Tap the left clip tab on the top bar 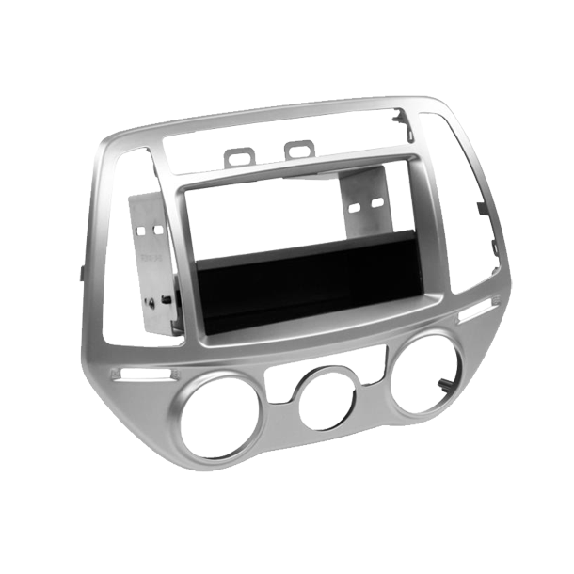pos(238,152)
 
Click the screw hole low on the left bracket pos(167,301)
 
